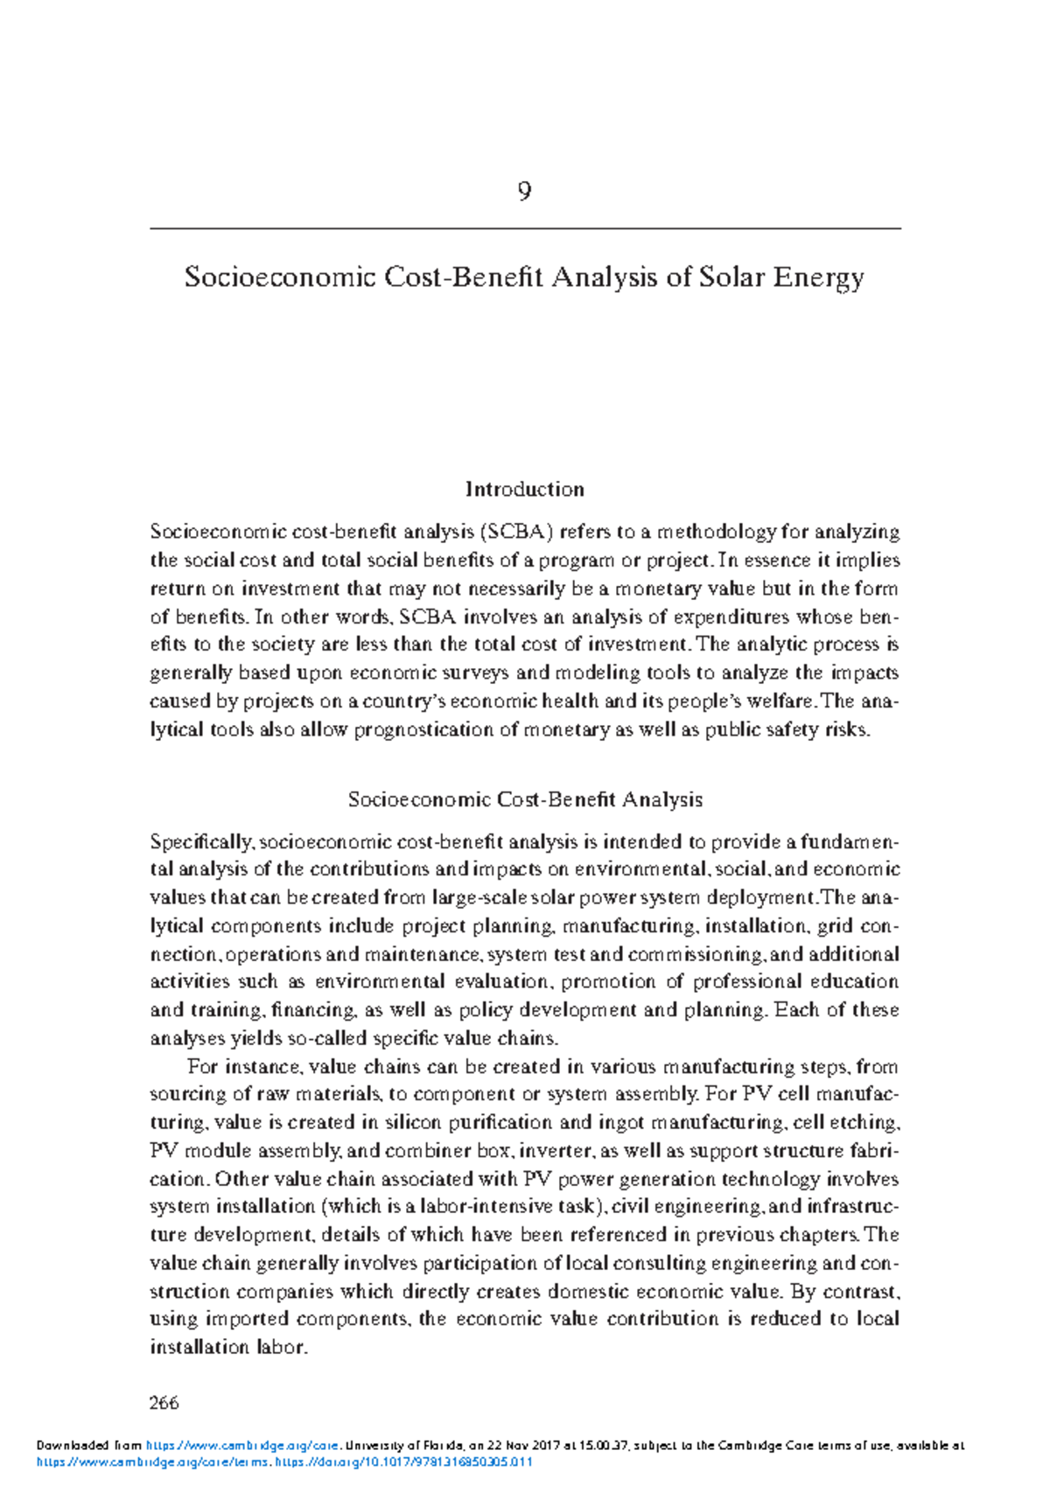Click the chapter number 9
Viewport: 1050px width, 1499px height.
(524, 192)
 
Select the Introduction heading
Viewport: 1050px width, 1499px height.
(524, 489)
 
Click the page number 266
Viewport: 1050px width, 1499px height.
(164, 1403)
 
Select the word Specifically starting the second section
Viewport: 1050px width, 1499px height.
(202, 842)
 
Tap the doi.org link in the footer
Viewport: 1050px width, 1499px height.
(403, 1462)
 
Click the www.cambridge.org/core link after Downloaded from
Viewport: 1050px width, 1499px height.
(241, 1446)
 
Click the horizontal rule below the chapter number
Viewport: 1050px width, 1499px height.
(524, 228)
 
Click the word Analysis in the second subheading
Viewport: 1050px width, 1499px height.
(661, 799)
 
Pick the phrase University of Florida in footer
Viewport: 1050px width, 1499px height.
(399, 1446)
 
